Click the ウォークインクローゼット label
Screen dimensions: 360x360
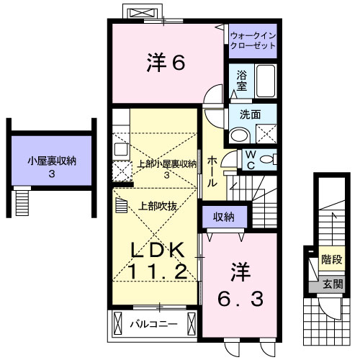coord(253,40)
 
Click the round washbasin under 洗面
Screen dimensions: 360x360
coord(238,134)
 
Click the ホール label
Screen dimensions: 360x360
coord(212,172)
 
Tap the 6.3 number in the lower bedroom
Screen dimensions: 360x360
coord(240,297)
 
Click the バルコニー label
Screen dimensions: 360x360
coord(153,323)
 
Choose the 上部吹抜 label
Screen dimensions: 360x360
coord(158,204)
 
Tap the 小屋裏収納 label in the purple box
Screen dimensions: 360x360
coord(51,161)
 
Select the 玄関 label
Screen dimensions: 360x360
coord(331,283)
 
